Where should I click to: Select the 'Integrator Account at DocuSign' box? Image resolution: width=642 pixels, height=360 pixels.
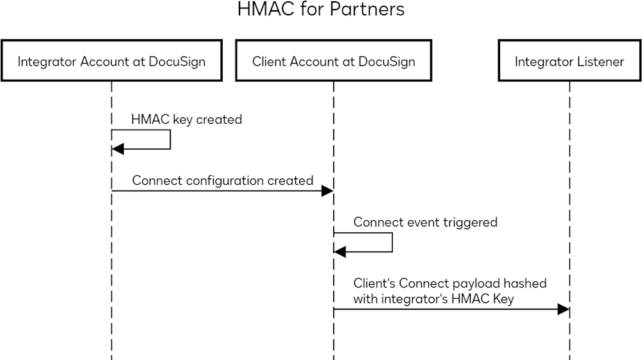(x=112, y=62)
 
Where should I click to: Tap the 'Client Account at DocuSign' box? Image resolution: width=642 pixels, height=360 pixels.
(x=333, y=62)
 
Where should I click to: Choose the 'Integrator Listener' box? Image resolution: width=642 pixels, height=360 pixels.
(x=569, y=62)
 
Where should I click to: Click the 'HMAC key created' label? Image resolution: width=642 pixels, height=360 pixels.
(x=186, y=119)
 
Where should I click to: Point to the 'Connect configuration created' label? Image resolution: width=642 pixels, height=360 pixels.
(x=223, y=180)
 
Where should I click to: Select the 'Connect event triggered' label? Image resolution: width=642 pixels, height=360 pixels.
(x=425, y=223)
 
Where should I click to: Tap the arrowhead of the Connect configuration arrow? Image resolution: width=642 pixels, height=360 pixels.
(x=327, y=191)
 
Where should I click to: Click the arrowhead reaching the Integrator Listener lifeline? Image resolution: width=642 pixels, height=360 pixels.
(x=563, y=309)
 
